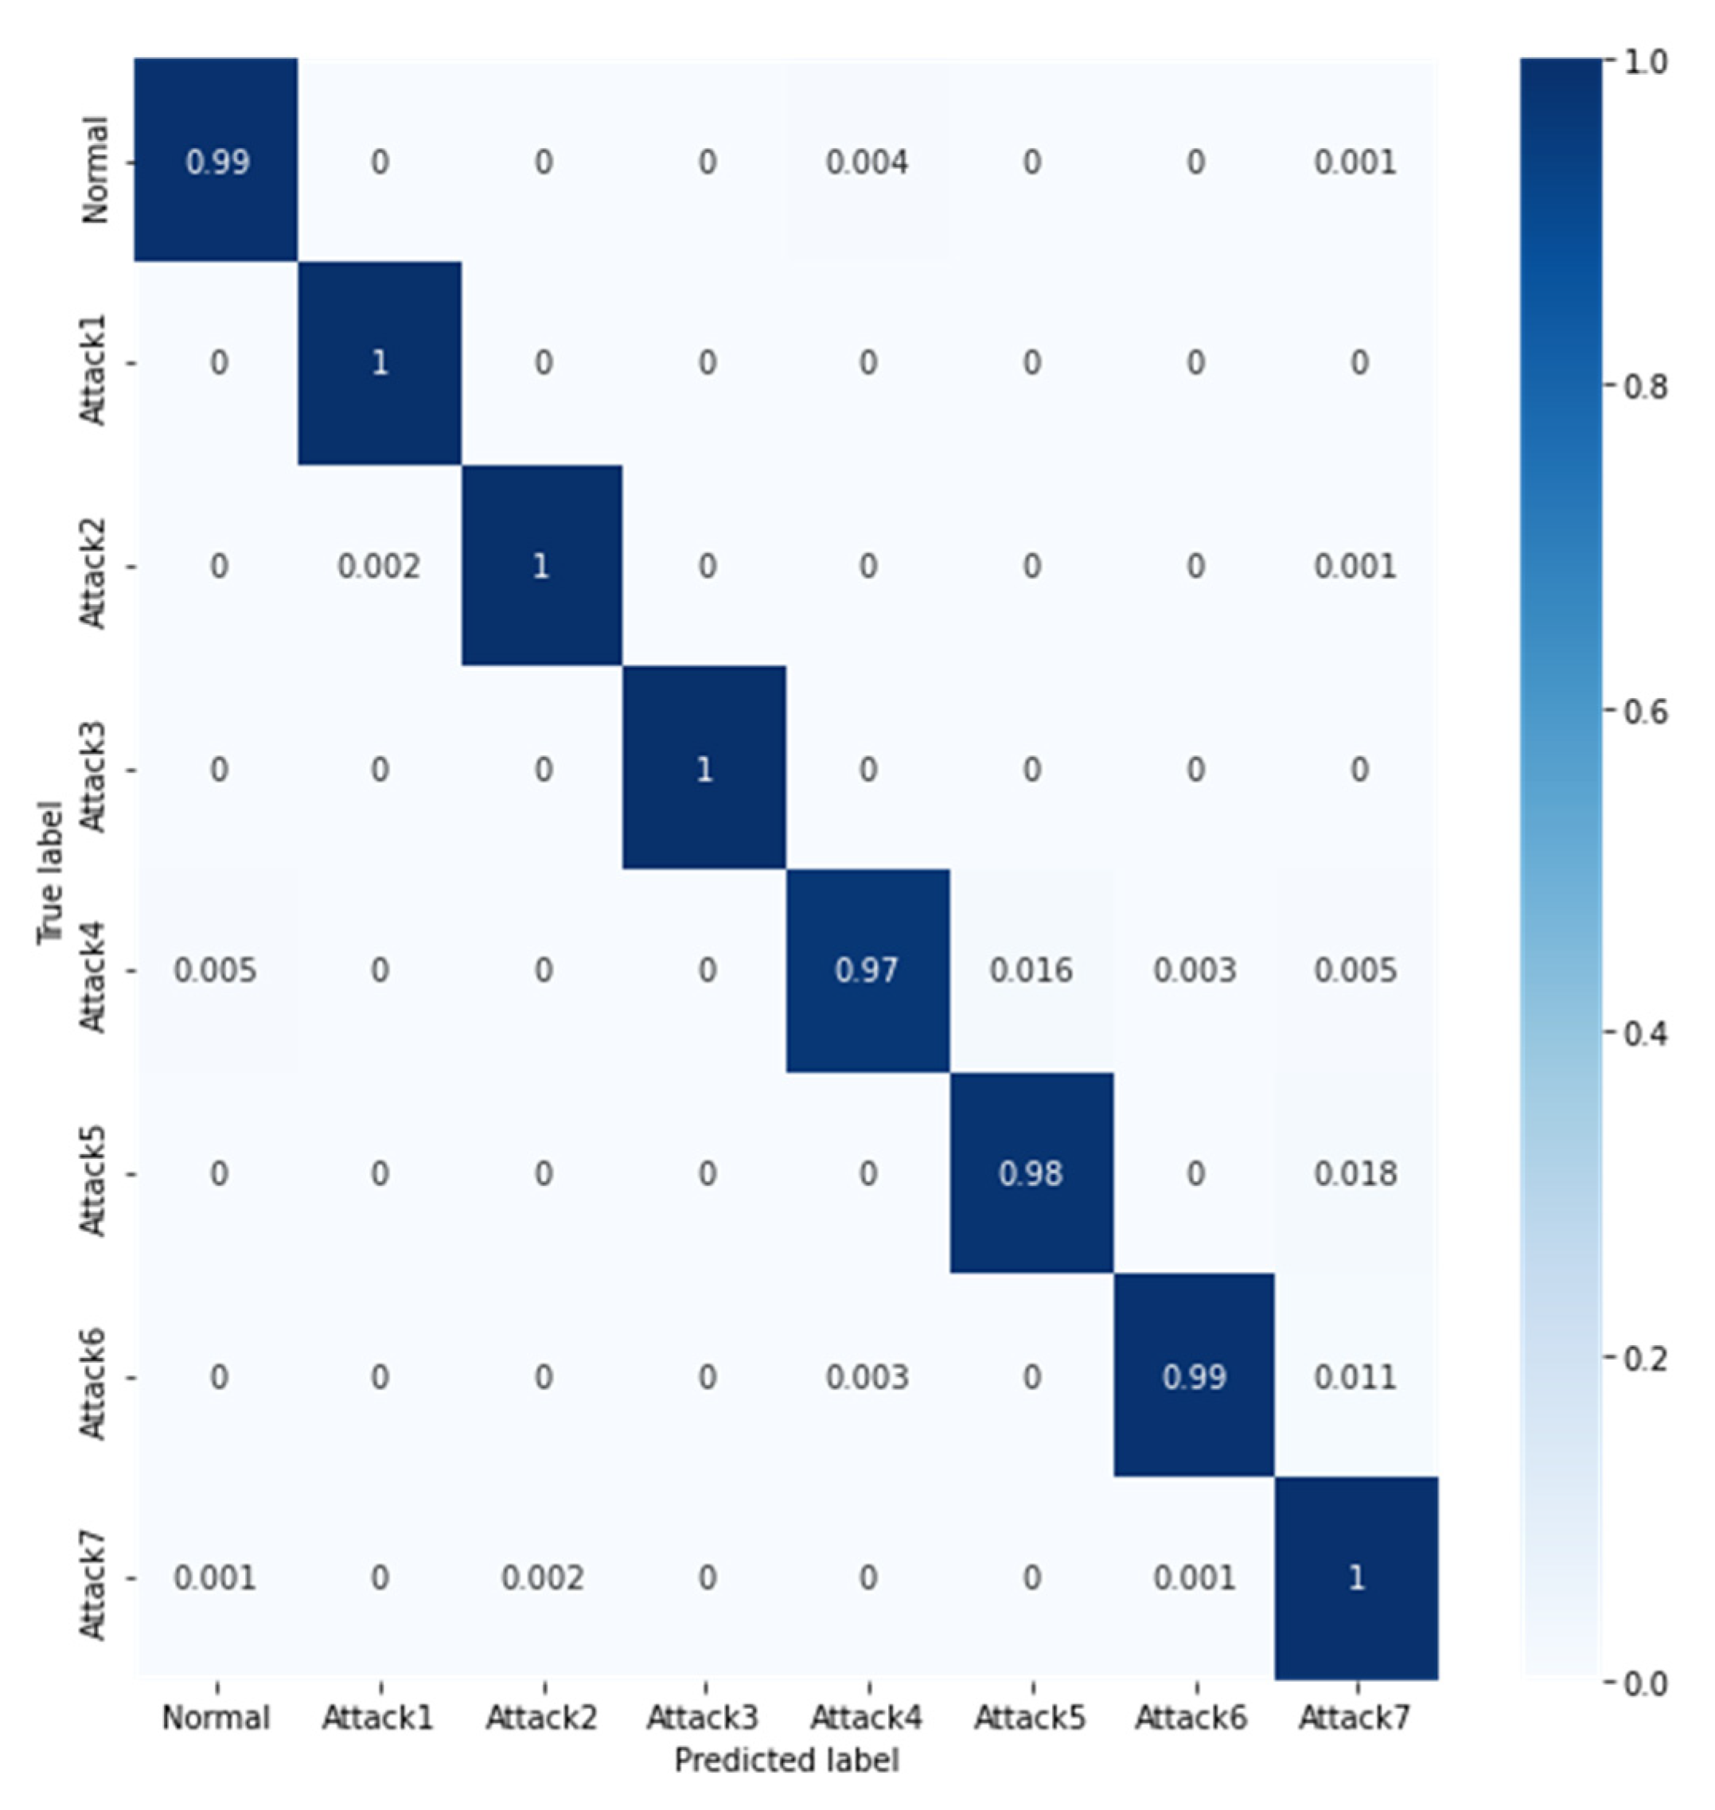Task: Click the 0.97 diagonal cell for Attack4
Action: [x=867, y=970]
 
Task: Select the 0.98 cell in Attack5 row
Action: [x=1031, y=1173]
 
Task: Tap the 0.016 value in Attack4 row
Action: [x=1031, y=970]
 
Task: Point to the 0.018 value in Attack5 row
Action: [x=1356, y=1173]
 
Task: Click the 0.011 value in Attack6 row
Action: [x=1356, y=1377]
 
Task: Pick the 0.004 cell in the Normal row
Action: [x=867, y=162]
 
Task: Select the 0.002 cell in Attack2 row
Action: [x=379, y=567]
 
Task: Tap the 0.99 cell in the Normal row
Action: [x=216, y=162]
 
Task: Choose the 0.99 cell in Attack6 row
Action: [x=1194, y=1377]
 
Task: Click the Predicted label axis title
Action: [x=786, y=1760]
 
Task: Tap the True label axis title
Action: [x=51, y=873]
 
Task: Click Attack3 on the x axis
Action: [x=703, y=1718]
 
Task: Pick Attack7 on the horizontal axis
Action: [x=1356, y=1718]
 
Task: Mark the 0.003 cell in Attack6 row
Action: [x=867, y=1377]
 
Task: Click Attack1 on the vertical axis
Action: [x=94, y=370]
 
